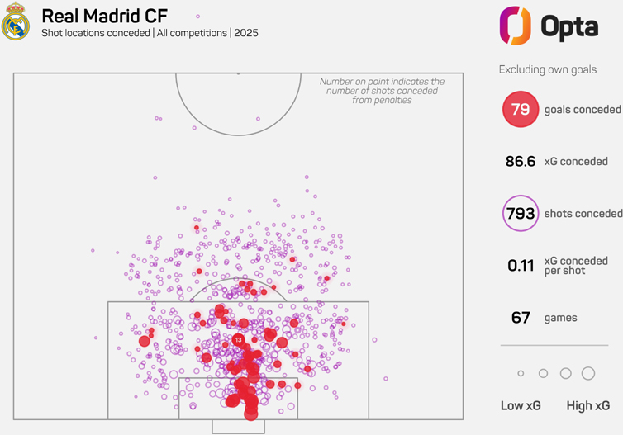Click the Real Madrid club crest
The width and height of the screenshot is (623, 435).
[15, 23]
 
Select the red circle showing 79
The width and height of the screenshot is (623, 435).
[521, 109]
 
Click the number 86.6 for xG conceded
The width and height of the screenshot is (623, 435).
[521, 162]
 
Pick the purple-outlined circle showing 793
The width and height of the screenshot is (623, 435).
[521, 214]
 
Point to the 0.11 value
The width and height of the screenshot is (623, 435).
[521, 266]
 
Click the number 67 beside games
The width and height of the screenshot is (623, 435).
[521, 318]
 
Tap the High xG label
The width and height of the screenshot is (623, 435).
[587, 405]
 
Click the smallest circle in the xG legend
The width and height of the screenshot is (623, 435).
[521, 374]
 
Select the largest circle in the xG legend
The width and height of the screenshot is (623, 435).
[588, 374]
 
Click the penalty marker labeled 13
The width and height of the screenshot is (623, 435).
[238, 339]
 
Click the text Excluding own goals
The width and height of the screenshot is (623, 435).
[548, 69]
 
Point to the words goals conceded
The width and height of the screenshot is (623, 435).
[583, 109]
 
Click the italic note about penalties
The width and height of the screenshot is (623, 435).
[382, 91]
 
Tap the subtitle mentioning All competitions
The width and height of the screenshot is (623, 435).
[150, 33]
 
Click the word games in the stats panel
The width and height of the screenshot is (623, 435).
[561, 318]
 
